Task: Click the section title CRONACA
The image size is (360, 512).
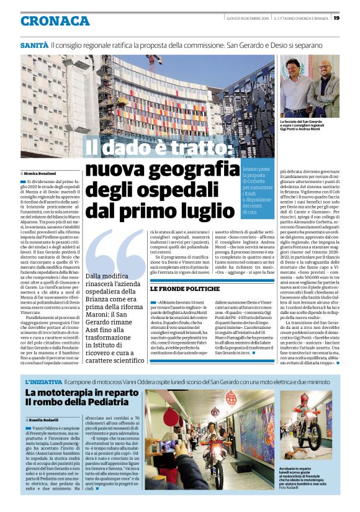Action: tap(55, 21)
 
